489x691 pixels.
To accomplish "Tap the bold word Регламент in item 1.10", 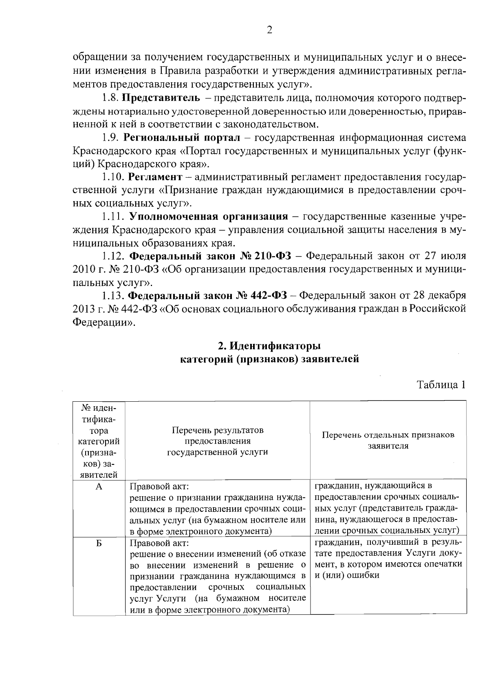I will [x=155, y=177].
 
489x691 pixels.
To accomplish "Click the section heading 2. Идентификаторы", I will [x=269, y=345].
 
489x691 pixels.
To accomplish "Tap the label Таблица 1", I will [x=440, y=385].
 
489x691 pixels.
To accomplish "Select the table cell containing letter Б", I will [x=99, y=544].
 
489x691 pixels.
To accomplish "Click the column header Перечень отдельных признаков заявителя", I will [x=388, y=440].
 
